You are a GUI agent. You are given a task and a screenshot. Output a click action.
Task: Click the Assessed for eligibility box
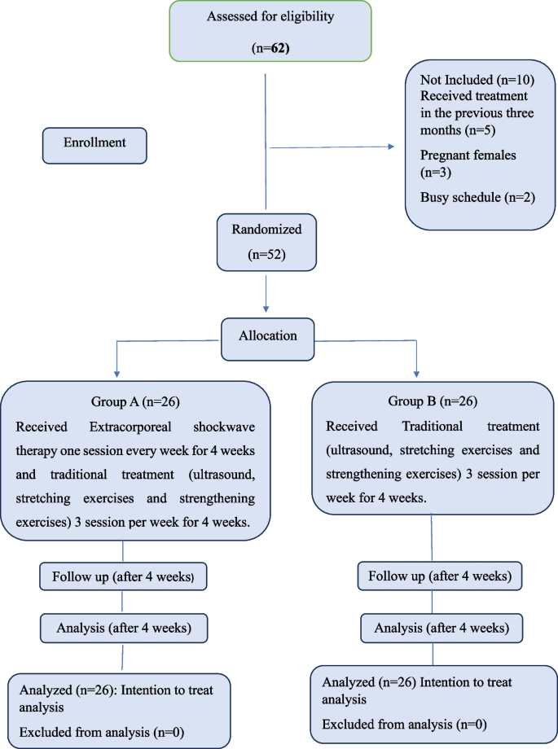coord(270,31)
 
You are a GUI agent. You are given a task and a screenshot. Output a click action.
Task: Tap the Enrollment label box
coord(94,143)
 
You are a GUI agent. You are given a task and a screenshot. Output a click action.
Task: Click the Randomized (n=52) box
coord(266,242)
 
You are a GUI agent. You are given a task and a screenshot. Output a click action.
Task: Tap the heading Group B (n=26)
coord(433,403)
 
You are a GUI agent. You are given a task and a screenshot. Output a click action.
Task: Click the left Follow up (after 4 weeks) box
coord(122,576)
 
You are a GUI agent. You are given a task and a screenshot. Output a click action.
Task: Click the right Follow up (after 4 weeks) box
coord(440,576)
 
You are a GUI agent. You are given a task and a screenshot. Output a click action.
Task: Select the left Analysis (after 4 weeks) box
coord(122,628)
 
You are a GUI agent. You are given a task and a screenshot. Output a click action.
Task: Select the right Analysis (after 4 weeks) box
coord(440,628)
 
